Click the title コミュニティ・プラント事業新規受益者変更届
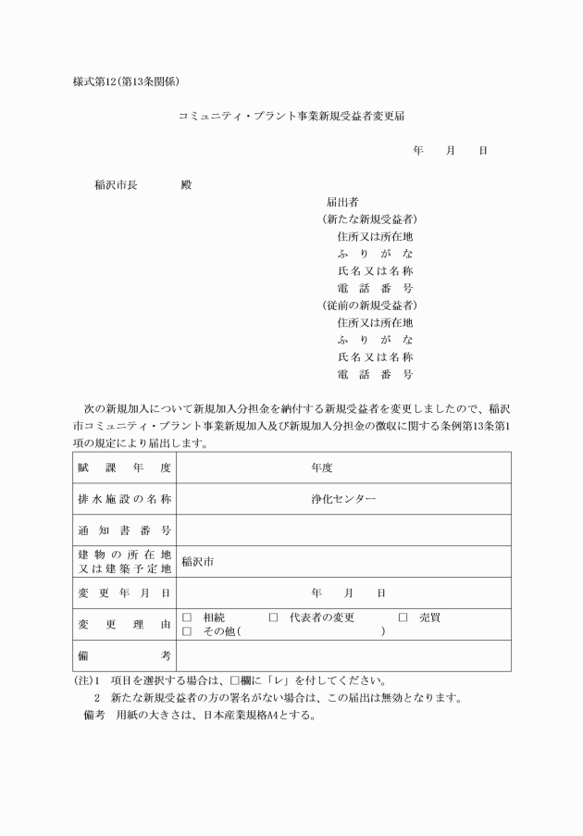tap(291, 118)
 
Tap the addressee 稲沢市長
tap(116, 184)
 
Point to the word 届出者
tap(342, 202)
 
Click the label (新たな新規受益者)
tap(369, 219)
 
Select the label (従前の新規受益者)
tap(369, 305)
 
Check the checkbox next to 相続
tap(186, 617)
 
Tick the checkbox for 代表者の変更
tap(273, 617)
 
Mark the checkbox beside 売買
tap(403, 617)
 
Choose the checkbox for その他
tap(186, 631)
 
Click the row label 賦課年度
tap(124, 468)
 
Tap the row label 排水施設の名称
tap(124, 499)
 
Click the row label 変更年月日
tap(124, 593)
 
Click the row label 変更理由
tap(124, 624)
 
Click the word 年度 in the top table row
tap(321, 468)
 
